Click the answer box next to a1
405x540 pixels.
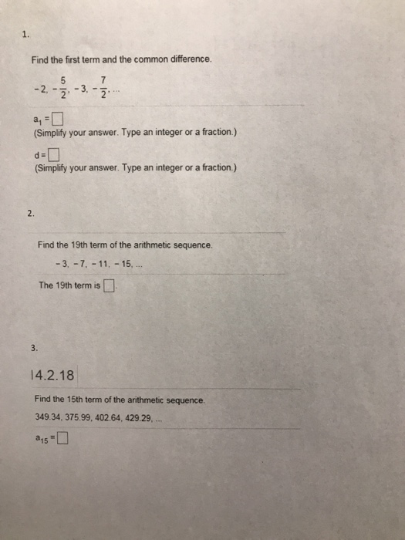coord(59,119)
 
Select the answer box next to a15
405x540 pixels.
coord(62,442)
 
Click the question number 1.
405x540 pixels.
coord(25,34)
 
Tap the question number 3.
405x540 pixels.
coord(35,347)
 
